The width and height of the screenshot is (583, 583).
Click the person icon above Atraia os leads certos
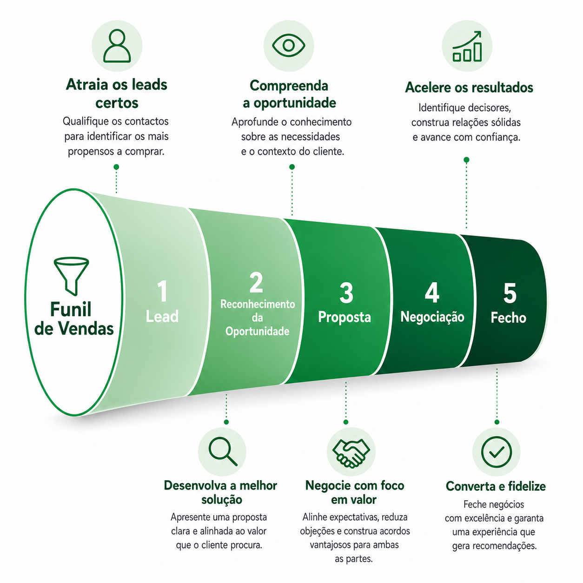(117, 46)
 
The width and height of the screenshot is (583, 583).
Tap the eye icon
(289, 46)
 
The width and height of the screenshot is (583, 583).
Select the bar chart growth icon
(467, 46)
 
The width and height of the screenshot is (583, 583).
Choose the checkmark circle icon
(496, 452)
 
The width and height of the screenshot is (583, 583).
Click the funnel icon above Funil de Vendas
(72, 276)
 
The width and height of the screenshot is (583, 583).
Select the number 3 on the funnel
(346, 292)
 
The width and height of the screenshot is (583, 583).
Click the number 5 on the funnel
(510, 292)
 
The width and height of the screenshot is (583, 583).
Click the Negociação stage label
(432, 317)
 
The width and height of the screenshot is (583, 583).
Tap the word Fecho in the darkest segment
(508, 318)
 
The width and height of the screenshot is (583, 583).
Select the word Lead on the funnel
(162, 316)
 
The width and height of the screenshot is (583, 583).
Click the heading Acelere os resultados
(469, 87)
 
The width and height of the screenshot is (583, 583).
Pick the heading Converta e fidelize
(496, 486)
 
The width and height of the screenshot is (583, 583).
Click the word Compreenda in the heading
(289, 86)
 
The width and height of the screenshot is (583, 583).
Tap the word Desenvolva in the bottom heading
(195, 485)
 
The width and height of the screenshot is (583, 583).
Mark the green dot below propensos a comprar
(116, 167)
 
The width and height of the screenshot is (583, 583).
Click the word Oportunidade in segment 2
(257, 331)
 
